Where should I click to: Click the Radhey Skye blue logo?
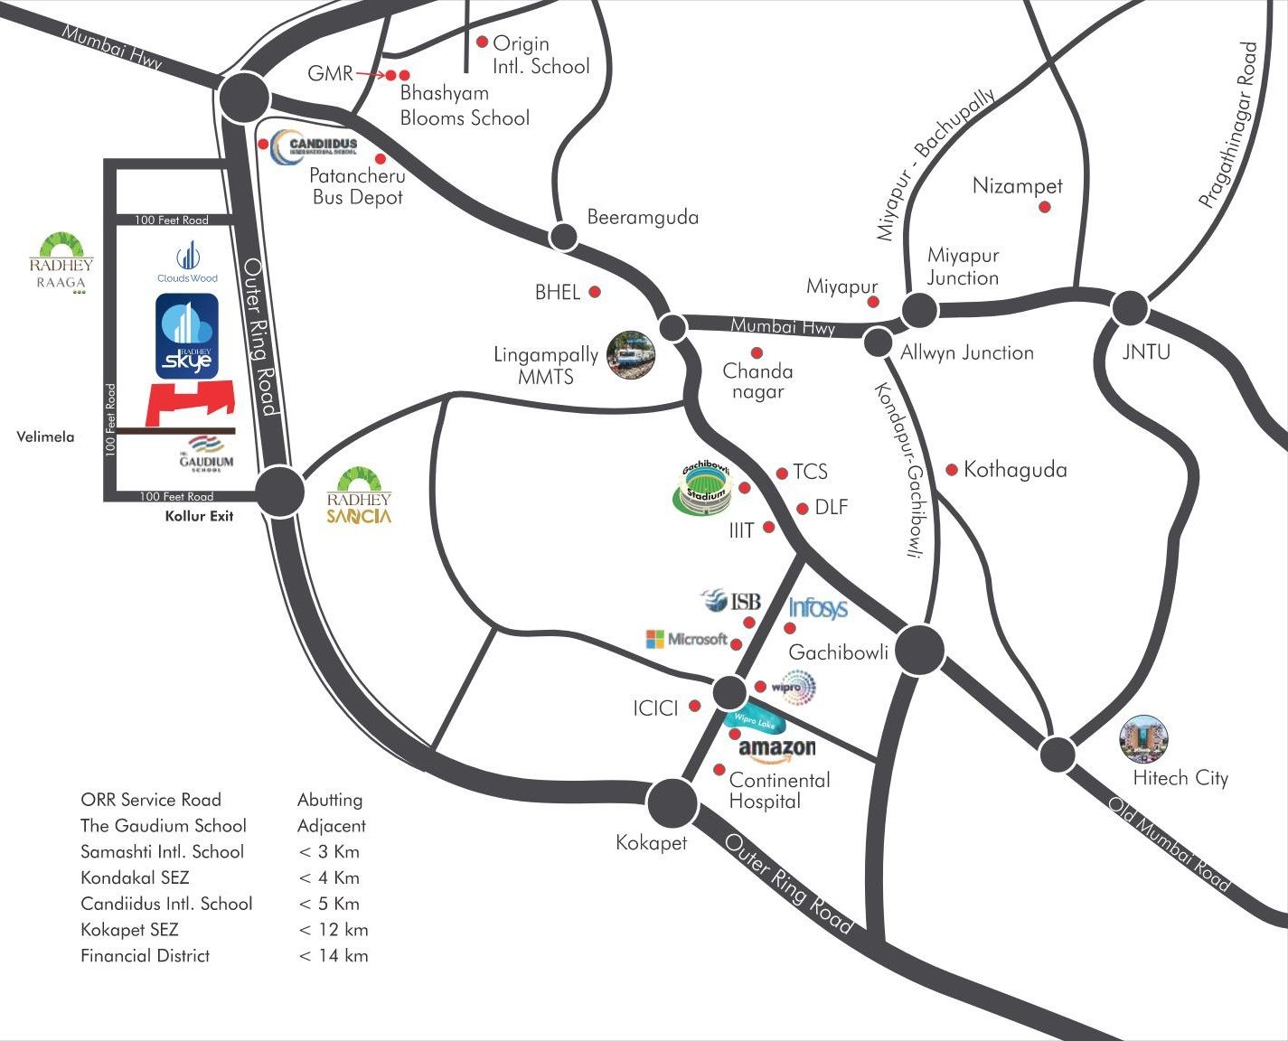(x=187, y=336)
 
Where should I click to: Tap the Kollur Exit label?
(x=199, y=516)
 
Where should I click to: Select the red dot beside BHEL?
(x=595, y=292)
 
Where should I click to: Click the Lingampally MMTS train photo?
(x=630, y=355)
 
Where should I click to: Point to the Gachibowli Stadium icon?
(x=704, y=488)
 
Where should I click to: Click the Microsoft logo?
(x=687, y=639)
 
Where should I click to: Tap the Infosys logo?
(x=818, y=608)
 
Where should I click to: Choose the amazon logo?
(x=776, y=749)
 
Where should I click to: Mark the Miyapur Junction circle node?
(x=920, y=310)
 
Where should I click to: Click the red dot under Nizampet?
(x=1045, y=207)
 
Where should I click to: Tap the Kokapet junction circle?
(x=672, y=801)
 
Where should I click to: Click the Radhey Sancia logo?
(x=359, y=496)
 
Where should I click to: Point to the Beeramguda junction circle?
(x=564, y=237)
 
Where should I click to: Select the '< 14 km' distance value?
(x=334, y=955)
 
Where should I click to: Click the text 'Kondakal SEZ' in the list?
(x=135, y=877)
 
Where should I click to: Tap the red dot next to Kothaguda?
(x=952, y=470)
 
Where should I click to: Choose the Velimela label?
(x=45, y=436)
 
